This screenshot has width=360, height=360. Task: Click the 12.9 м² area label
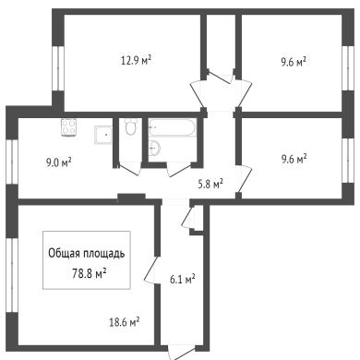[136, 60]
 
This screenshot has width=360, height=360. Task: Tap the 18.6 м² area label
[125, 322]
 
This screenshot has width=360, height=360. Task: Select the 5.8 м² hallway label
[210, 185]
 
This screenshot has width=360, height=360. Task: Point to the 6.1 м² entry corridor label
[183, 279]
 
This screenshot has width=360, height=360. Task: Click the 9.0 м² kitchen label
[59, 162]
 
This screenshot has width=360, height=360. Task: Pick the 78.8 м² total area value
[90, 272]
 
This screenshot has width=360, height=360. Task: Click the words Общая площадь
[87, 254]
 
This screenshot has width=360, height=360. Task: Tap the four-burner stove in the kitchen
[69, 127]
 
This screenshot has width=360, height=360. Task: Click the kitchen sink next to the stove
[102, 135]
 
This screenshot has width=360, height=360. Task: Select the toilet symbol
[130, 126]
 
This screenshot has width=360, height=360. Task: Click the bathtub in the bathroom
[173, 127]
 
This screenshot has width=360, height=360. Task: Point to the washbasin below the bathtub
[154, 148]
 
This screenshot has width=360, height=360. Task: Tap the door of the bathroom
[179, 170]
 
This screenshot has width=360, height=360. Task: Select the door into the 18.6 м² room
[151, 270]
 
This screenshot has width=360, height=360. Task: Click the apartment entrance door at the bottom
[182, 354]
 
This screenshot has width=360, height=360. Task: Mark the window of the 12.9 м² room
[58, 68]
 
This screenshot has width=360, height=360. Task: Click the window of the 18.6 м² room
[12, 275]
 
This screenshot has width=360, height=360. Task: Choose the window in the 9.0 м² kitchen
[12, 162]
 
